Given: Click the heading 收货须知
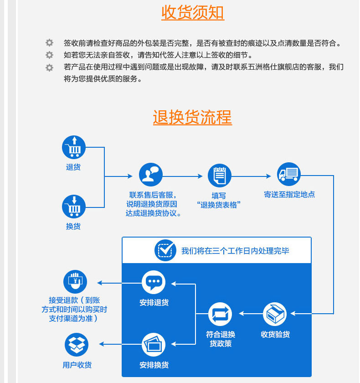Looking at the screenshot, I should tap(192, 13).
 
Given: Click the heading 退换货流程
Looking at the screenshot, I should tap(192, 117).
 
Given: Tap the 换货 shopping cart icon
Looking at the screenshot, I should tap(74, 206).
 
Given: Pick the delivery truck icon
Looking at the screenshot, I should tap(289, 174).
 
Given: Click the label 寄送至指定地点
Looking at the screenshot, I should tap(289, 194).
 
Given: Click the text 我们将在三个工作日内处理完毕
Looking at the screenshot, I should tap(235, 251).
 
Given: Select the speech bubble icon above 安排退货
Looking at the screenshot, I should tap(154, 282).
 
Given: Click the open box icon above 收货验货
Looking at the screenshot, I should tap(275, 314).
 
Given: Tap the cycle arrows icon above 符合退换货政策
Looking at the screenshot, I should tap(220, 315).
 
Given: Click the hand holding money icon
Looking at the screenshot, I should tap(75, 282).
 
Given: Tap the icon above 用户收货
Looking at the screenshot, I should tap(76, 345).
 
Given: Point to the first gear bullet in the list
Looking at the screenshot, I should tap(49, 43).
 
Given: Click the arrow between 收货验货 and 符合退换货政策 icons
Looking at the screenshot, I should tap(248, 313).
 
